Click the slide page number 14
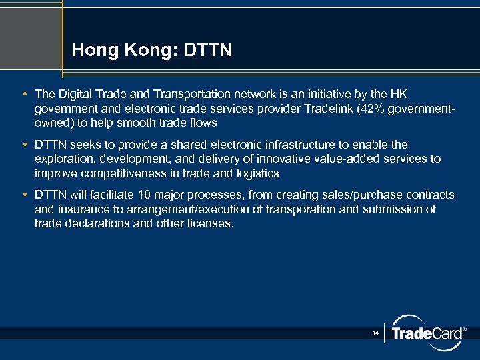[376, 333]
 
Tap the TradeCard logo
[427, 333]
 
